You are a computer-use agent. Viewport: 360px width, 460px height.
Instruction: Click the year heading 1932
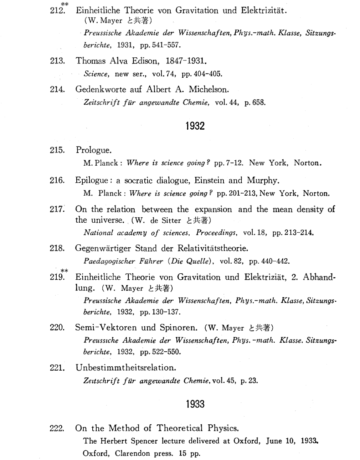click(x=195, y=126)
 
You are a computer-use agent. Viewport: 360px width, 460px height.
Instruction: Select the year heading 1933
click(x=195, y=404)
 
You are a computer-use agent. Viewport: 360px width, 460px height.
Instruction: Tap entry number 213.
click(x=57, y=61)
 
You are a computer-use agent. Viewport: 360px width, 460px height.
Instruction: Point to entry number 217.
click(x=57, y=210)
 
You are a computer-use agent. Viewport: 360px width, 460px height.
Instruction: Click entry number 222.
click(x=57, y=428)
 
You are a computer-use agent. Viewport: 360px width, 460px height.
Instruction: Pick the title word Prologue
click(x=93, y=150)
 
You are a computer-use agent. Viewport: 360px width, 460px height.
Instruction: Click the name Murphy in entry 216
click(x=262, y=180)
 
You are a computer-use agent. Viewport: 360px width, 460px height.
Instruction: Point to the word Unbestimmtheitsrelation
click(x=126, y=368)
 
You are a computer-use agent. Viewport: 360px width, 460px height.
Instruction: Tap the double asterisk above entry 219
click(x=64, y=271)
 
